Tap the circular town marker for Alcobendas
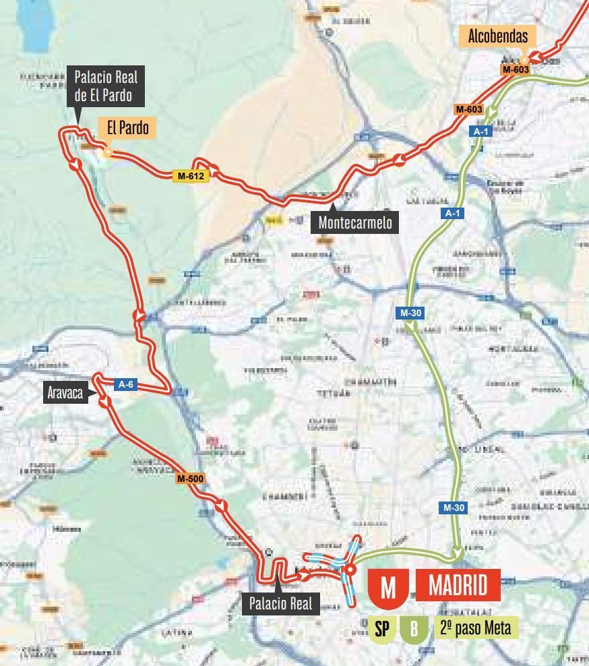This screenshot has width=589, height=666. point(524,61)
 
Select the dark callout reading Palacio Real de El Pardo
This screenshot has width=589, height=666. point(106,86)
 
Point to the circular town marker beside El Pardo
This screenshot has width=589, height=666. point(108,152)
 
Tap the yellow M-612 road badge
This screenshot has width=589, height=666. point(191,176)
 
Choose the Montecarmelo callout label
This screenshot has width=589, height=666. point(354,222)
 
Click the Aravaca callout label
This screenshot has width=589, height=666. point(65,392)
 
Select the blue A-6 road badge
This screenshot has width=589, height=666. point(126,385)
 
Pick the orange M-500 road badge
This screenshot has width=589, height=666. point(190,479)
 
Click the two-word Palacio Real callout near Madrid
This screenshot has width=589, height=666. point(280,603)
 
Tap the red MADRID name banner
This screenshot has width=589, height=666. point(458,584)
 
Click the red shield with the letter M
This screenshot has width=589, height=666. point(388,587)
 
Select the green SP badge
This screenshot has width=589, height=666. point(381,629)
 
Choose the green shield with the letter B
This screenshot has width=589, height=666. point(414,629)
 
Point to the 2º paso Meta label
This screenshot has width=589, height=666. point(476,628)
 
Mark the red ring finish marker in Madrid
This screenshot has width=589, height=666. point(350,570)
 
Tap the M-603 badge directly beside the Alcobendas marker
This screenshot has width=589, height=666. point(516,69)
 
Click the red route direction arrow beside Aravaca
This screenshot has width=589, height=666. point(104,402)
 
